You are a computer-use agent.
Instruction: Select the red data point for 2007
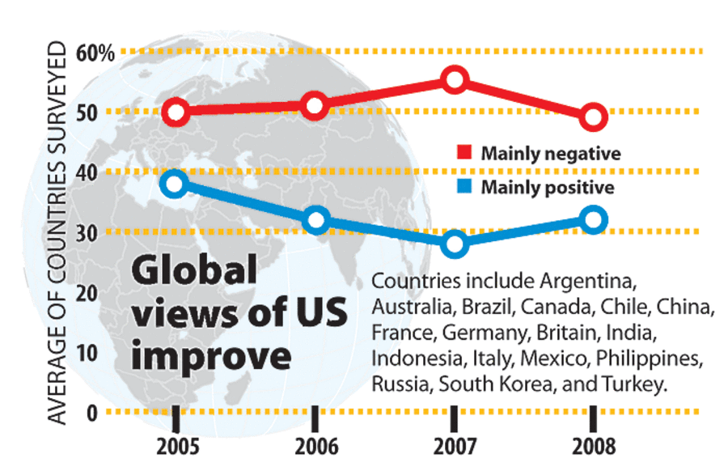click(x=455, y=78)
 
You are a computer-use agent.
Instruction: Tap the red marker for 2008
click(x=593, y=117)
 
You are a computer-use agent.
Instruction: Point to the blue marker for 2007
click(x=455, y=244)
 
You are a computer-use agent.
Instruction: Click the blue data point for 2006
click(x=316, y=220)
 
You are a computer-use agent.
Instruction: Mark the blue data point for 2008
click(x=593, y=219)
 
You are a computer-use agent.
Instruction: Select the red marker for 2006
click(x=316, y=105)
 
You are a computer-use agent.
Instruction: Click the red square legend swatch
click(x=464, y=153)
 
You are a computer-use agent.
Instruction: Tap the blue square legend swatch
click(x=464, y=188)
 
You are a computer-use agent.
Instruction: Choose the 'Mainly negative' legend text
click(x=539, y=153)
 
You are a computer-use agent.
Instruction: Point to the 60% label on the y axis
click(x=96, y=53)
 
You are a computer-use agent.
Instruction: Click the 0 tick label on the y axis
click(x=91, y=413)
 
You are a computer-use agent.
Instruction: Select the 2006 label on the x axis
click(x=316, y=447)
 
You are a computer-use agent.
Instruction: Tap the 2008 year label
click(x=593, y=447)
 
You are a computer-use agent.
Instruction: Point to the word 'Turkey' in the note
click(x=637, y=383)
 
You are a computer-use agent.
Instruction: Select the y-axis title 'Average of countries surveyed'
click(x=59, y=235)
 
